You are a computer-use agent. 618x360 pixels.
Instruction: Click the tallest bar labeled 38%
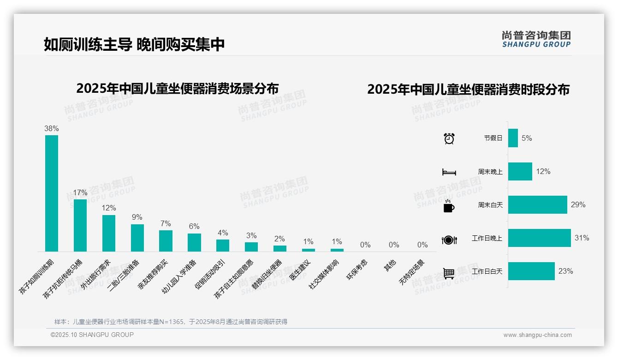[x=52, y=193]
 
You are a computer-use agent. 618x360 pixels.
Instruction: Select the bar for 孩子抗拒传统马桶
[x=80, y=225]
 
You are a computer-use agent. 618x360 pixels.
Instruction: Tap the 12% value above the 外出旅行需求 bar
[x=109, y=208]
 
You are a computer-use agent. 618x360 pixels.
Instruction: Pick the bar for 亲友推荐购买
[x=166, y=240]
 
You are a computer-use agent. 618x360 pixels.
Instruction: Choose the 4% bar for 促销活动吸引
[x=223, y=245]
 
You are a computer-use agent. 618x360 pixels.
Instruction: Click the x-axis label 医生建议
[x=300, y=270]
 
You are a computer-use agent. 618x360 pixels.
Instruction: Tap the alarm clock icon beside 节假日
[x=449, y=138]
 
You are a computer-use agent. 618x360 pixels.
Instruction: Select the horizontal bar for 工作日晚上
[x=539, y=238]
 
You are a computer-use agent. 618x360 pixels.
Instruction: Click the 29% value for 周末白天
[x=578, y=204]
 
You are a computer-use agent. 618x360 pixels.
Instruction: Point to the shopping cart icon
[x=449, y=273]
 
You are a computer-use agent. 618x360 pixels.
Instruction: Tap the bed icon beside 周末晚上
[x=449, y=172]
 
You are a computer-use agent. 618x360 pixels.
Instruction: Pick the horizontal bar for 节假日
[x=513, y=138]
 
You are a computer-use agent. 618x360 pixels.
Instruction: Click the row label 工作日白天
[x=487, y=271]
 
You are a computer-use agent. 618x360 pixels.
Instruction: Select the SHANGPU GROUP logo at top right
[x=536, y=39]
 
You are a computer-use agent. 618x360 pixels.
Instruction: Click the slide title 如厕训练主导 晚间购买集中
[x=134, y=44]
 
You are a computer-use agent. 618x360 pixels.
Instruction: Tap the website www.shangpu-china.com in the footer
[x=537, y=335]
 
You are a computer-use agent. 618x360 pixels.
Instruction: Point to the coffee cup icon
[x=449, y=206]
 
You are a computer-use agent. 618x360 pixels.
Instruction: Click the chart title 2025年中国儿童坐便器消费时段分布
[x=468, y=89]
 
